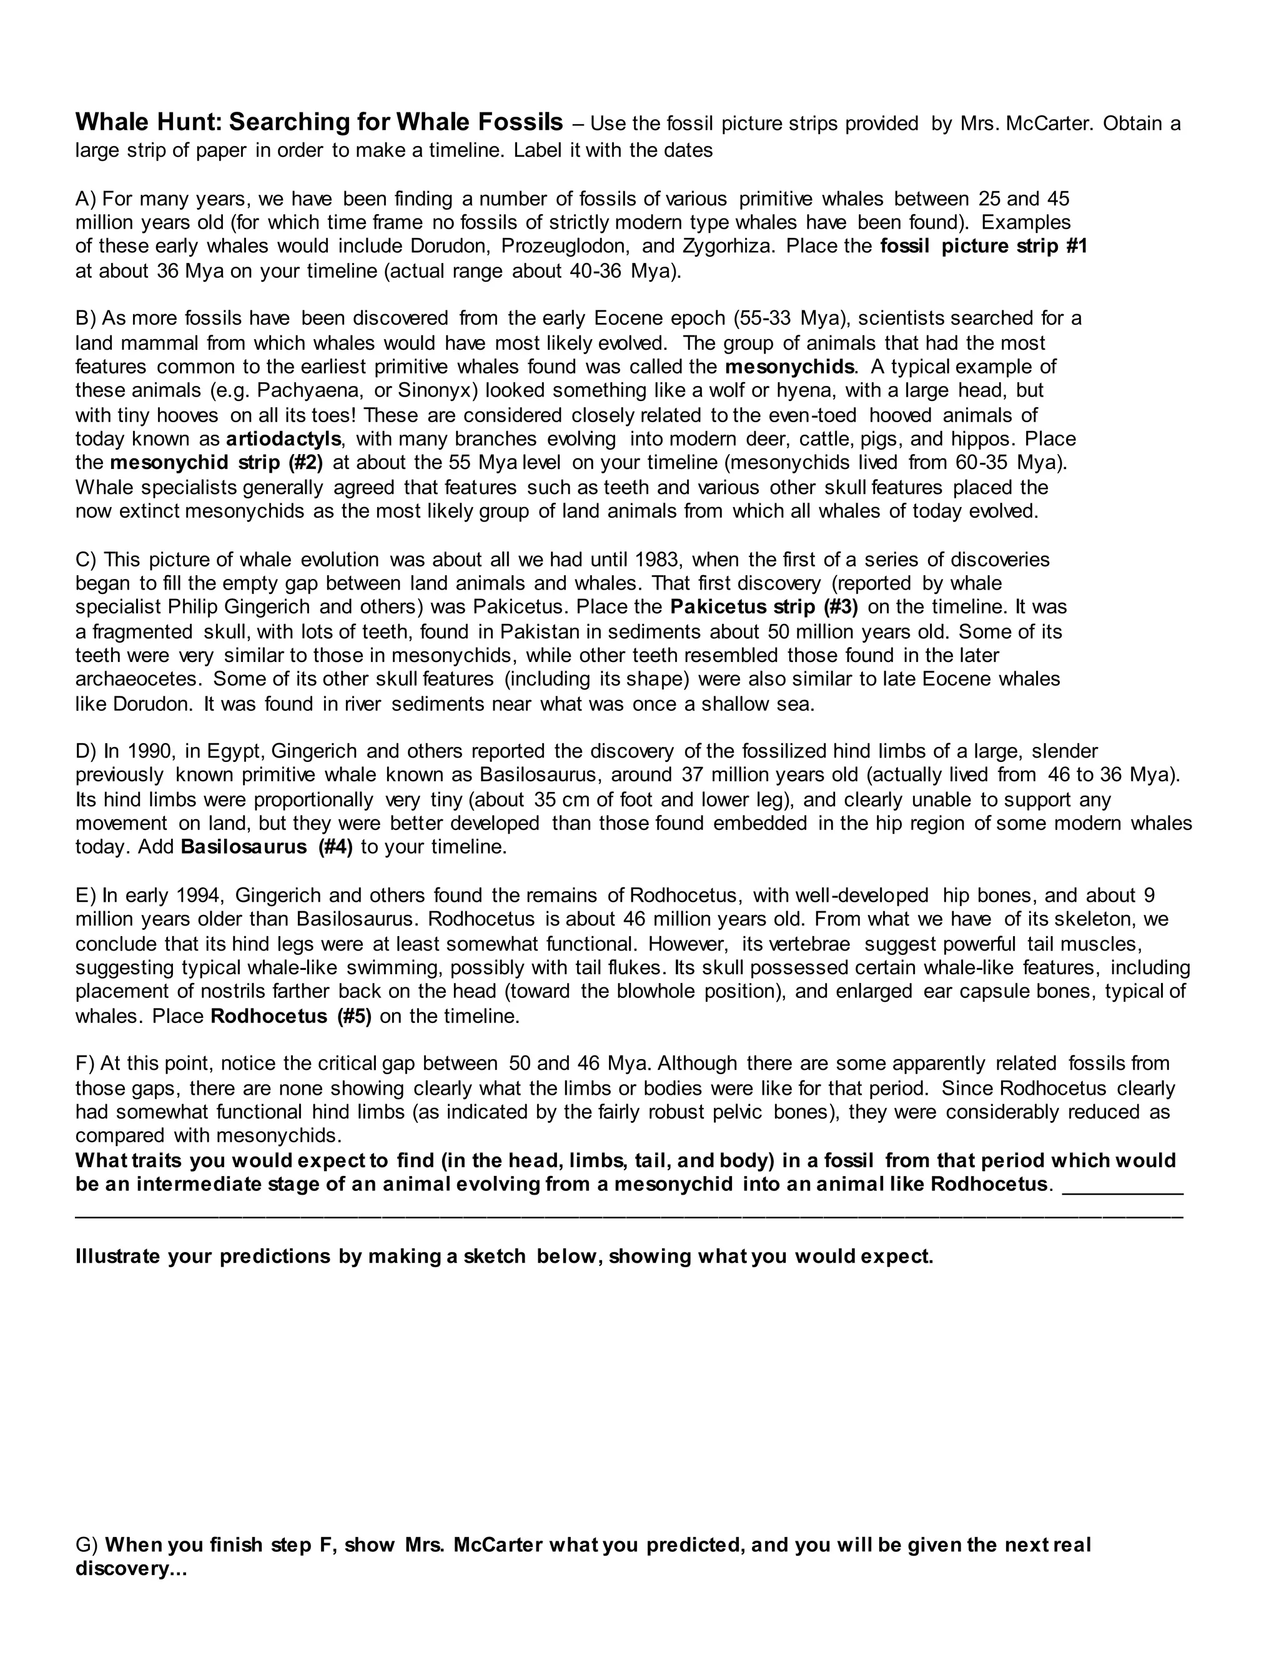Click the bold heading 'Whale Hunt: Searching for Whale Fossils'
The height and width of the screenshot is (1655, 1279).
pos(319,122)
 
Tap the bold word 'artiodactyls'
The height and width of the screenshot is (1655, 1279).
pos(284,440)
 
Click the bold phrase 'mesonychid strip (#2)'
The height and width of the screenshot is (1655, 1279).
pos(216,463)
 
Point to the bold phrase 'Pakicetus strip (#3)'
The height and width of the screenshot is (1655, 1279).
pos(764,608)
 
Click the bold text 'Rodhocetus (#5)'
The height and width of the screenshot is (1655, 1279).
pos(290,1017)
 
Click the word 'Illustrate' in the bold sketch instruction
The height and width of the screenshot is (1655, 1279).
pos(117,1257)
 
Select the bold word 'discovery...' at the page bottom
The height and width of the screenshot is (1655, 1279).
pos(131,1569)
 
